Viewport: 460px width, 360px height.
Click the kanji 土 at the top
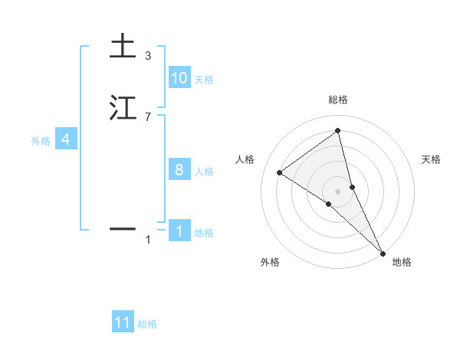(x=122, y=47)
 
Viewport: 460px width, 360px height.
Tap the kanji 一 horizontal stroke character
(x=122, y=228)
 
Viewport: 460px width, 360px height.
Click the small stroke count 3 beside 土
(x=147, y=55)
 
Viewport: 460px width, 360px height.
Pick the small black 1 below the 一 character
(x=147, y=240)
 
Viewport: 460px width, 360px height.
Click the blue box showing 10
(x=179, y=78)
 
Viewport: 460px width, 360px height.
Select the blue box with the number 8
(x=179, y=170)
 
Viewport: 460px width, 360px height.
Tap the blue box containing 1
(x=179, y=231)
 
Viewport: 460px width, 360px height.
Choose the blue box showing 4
(x=66, y=139)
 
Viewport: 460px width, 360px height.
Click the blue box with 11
(x=123, y=322)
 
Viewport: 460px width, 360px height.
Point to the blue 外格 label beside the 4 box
(x=40, y=141)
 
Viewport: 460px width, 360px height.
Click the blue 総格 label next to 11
(x=147, y=324)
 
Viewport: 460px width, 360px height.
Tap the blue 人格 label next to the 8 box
(x=204, y=172)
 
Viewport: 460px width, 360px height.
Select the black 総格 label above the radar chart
(x=338, y=100)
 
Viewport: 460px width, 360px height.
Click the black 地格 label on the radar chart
(x=402, y=262)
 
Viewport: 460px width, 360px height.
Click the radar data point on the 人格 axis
(x=280, y=172)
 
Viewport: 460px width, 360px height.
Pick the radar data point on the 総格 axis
(x=338, y=131)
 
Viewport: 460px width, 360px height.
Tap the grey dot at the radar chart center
(x=338, y=191)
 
